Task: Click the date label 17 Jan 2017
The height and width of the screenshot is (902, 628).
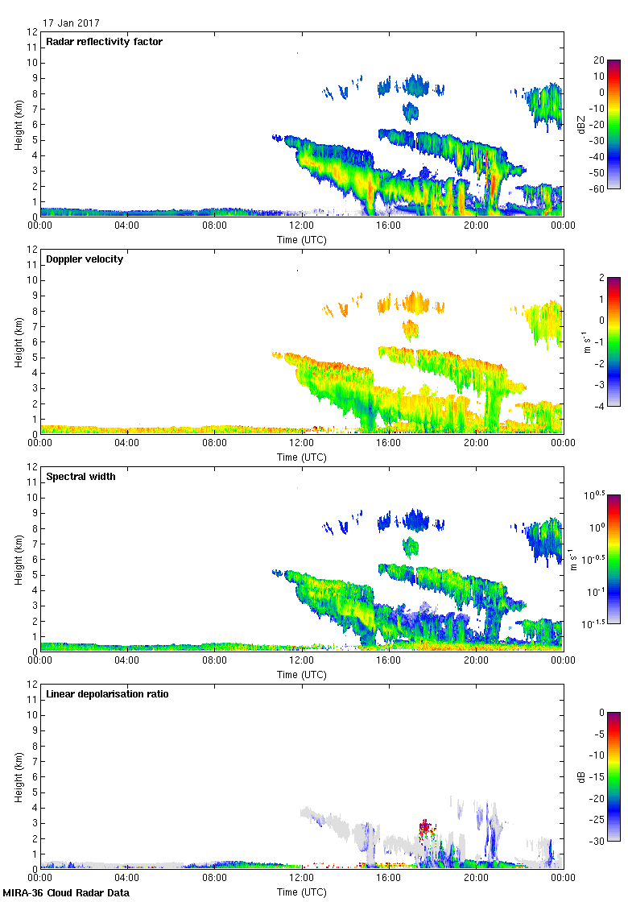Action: [72, 23]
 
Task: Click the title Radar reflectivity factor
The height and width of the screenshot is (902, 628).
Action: [105, 42]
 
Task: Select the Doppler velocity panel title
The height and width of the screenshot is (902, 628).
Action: [85, 259]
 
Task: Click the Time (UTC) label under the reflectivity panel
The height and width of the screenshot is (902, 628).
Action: [302, 239]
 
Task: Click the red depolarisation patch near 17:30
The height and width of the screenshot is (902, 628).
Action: [425, 826]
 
